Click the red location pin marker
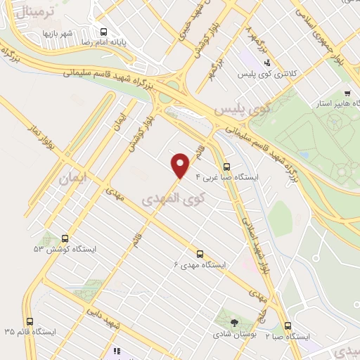[x=181, y=165]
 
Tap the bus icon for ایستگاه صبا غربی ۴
[x=226, y=167]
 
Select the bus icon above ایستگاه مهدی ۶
[x=200, y=254]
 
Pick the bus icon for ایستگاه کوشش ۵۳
[x=65, y=238]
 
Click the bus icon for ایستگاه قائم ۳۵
[x=29, y=321]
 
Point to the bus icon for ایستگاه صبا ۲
[x=288, y=326]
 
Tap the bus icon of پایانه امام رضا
[x=103, y=32]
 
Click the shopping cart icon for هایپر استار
[x=347, y=93]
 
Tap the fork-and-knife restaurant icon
[x=116, y=350]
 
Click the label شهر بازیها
[x=58, y=33]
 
